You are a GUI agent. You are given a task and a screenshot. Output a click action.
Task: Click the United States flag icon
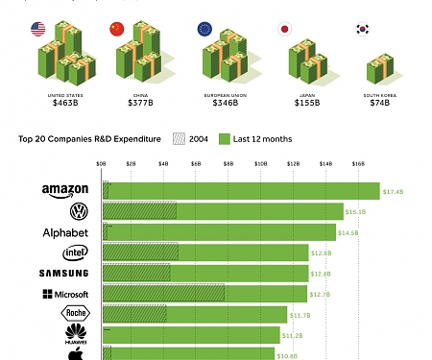tap(39, 28)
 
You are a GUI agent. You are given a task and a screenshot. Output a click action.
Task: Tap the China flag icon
tap(117, 28)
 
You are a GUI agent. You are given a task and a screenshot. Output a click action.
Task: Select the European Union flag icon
tap(204, 28)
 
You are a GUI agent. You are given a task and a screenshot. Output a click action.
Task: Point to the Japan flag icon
tap(284, 28)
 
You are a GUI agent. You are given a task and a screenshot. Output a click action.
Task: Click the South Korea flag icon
tap(362, 29)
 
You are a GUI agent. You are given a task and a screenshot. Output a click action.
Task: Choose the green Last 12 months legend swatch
tap(226, 138)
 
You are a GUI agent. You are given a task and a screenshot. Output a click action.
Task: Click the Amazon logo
tap(64, 191)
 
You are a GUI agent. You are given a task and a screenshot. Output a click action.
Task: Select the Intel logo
tap(75, 252)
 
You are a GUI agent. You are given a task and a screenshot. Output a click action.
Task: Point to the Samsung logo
tap(64, 274)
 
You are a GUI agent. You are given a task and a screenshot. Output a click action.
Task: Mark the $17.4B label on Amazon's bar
tap(393, 192)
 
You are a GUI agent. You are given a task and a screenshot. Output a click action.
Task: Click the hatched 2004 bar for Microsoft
tap(163, 294)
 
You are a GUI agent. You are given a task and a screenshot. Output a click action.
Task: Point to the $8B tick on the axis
tap(228, 165)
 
